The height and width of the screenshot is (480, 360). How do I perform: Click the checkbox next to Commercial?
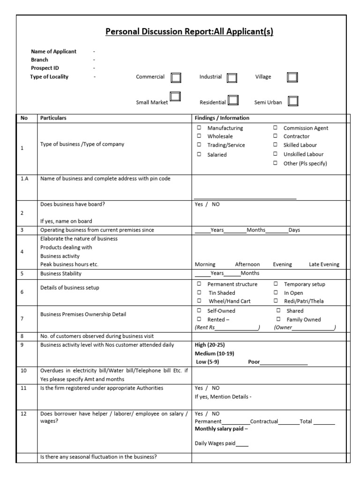coord(176,77)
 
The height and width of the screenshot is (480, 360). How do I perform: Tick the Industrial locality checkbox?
coord(232,78)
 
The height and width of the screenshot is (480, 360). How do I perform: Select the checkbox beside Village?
coord(292,77)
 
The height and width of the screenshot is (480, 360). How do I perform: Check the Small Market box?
coord(175,97)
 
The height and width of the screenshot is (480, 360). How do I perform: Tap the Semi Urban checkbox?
coord(293,101)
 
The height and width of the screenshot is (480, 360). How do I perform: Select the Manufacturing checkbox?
coord(199,128)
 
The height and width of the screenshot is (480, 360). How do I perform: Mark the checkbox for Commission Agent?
coord(275,128)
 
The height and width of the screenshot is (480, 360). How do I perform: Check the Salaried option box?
coord(199,154)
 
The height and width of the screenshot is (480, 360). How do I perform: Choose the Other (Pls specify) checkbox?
coord(275,163)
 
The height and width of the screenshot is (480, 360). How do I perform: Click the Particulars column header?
coord(53,118)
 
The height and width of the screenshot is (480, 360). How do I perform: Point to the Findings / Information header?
coord(222,118)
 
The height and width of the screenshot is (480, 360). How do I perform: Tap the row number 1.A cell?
coord(25,179)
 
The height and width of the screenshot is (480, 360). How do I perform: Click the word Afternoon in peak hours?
coord(247,264)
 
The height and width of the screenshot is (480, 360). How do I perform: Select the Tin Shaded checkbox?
coord(199,292)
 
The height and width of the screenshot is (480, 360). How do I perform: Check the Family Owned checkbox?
coord(278,319)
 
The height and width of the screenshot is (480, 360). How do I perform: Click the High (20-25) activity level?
coord(210,345)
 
